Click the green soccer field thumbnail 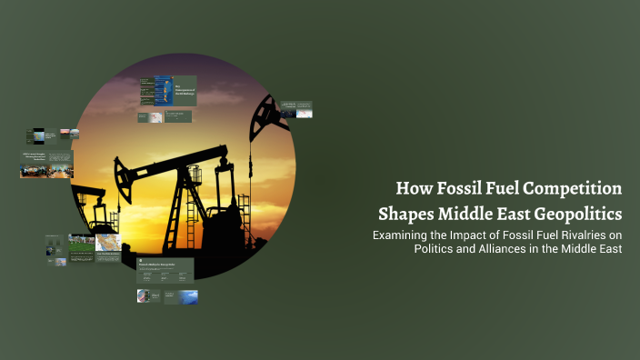tap(82, 244)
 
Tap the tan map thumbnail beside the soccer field tap(108, 244)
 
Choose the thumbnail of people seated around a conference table tap(47, 168)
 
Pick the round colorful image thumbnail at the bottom tap(143, 296)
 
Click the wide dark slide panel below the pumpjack tap(165, 267)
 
